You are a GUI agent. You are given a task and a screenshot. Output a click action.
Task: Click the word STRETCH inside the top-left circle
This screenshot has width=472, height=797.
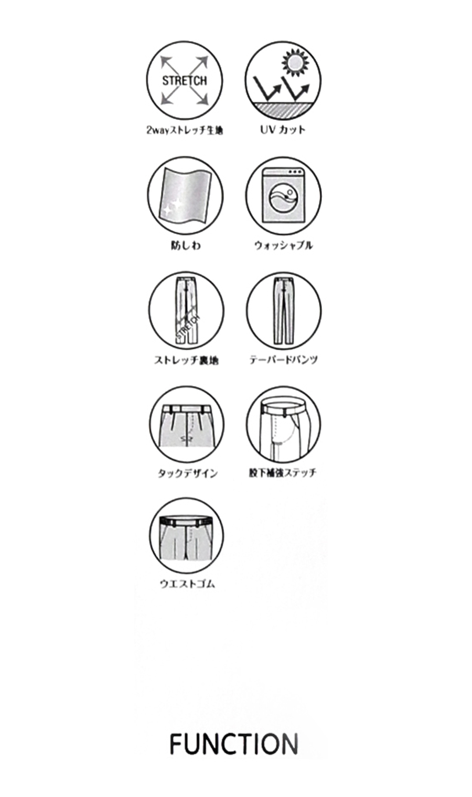tap(184, 81)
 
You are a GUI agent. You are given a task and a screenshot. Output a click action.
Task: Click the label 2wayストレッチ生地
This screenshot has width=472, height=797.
tap(184, 130)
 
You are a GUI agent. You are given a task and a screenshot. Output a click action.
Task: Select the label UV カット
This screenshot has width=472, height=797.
tap(283, 130)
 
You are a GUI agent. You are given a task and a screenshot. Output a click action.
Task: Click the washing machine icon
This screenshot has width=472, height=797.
tap(283, 195)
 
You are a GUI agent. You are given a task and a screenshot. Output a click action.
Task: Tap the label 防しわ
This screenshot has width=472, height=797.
tap(185, 245)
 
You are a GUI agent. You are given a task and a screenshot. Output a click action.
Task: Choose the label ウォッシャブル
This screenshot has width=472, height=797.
tap(283, 245)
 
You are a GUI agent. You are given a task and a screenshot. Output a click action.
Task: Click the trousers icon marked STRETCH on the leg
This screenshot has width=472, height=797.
tap(186, 310)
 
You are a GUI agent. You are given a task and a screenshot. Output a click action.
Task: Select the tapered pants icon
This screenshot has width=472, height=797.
tap(283, 310)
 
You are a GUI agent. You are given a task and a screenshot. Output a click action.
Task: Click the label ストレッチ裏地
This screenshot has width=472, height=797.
tap(186, 360)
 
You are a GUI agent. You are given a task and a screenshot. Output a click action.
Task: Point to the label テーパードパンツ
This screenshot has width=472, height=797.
tap(283, 360)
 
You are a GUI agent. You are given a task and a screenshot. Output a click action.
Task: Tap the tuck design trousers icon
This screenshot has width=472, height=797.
tap(186, 425)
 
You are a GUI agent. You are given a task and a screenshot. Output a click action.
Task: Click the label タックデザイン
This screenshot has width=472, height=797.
tap(187, 473)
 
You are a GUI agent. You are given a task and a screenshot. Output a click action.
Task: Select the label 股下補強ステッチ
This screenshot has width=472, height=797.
tap(283, 473)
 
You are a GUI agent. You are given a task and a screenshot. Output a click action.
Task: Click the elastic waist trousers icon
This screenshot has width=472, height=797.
tap(186, 536)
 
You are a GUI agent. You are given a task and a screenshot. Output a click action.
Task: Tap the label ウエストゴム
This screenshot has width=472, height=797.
tap(187, 584)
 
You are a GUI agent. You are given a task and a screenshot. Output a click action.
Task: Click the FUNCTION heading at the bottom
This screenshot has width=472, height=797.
tap(234, 744)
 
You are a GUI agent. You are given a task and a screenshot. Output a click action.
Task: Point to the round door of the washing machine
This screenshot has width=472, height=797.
tap(283, 199)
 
